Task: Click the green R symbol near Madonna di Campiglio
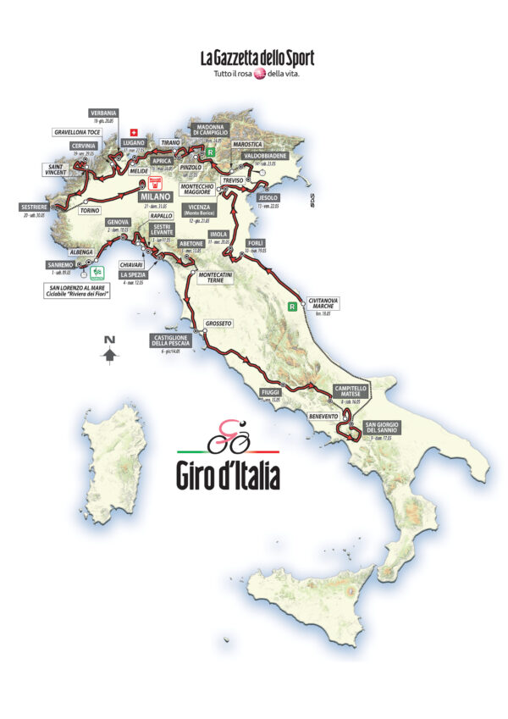pos(215,153)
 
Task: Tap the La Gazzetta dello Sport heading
pos(257,58)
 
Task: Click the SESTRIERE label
pos(30,207)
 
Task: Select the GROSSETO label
pos(218,324)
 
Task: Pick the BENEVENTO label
pos(323,416)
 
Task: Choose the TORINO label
pos(90,211)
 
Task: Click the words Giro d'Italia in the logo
pos(227,475)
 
